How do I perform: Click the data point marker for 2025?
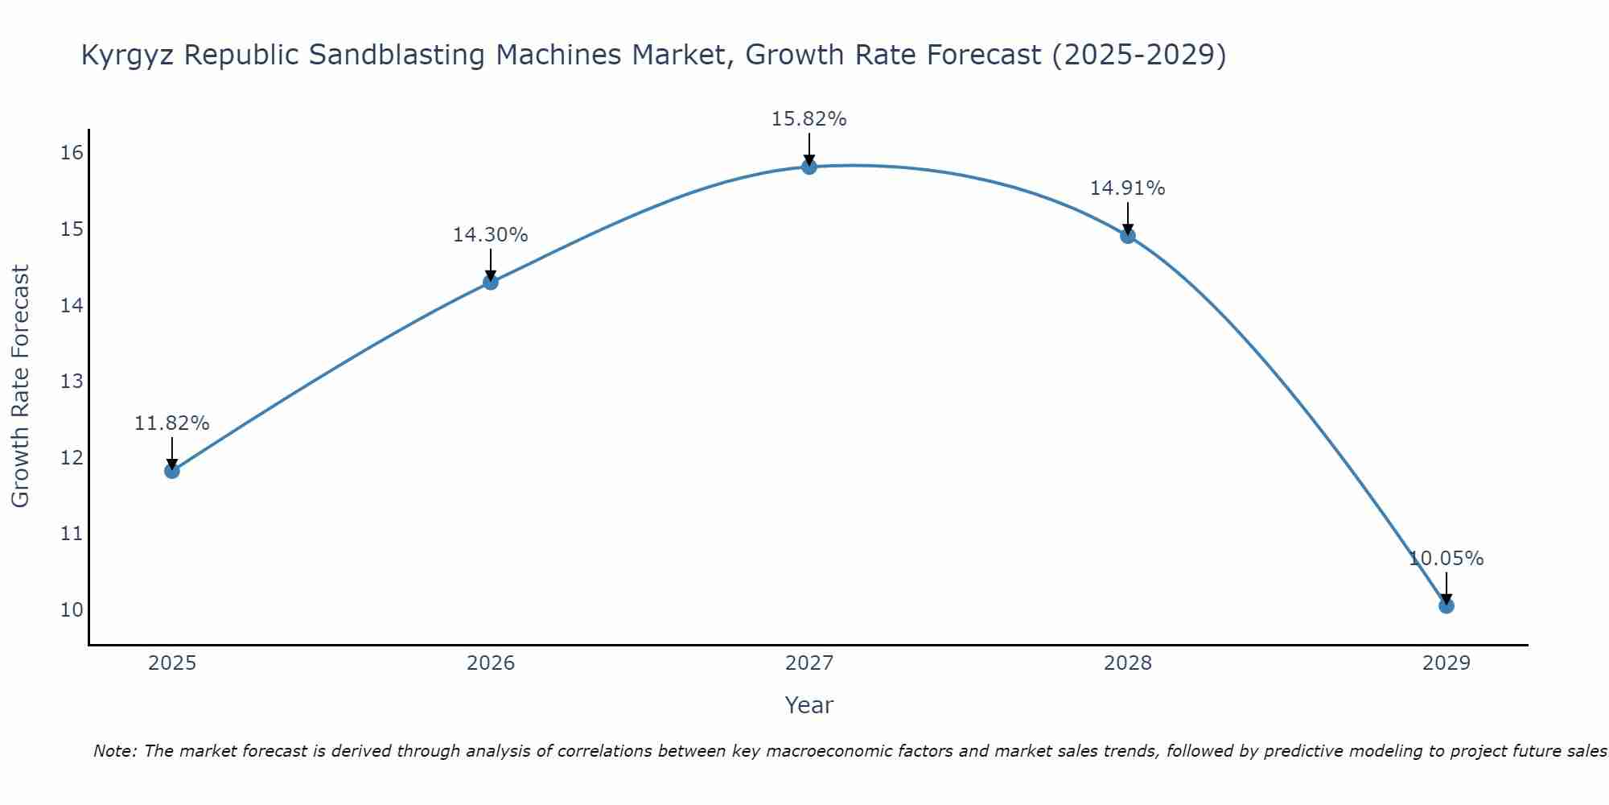pos(171,470)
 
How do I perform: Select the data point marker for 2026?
pos(490,282)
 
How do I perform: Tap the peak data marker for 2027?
pos(809,167)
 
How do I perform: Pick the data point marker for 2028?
pos(1127,236)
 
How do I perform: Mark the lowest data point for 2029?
pos(1446,605)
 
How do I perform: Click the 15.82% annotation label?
pos(809,119)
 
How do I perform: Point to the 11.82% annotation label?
pos(171,423)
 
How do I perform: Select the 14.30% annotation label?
pos(490,235)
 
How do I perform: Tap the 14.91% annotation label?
pos(1127,188)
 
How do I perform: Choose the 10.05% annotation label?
pos(1446,559)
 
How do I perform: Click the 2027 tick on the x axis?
pos(809,663)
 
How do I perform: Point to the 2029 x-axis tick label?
pos(1446,663)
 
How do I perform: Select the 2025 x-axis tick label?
pos(171,663)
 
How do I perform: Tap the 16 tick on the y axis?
pos(72,153)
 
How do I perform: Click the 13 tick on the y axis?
pos(72,382)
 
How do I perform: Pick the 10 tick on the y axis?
pos(72,609)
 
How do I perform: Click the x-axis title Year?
pos(809,705)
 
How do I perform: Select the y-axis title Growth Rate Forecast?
pos(21,386)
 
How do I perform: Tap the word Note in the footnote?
pos(114,751)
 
